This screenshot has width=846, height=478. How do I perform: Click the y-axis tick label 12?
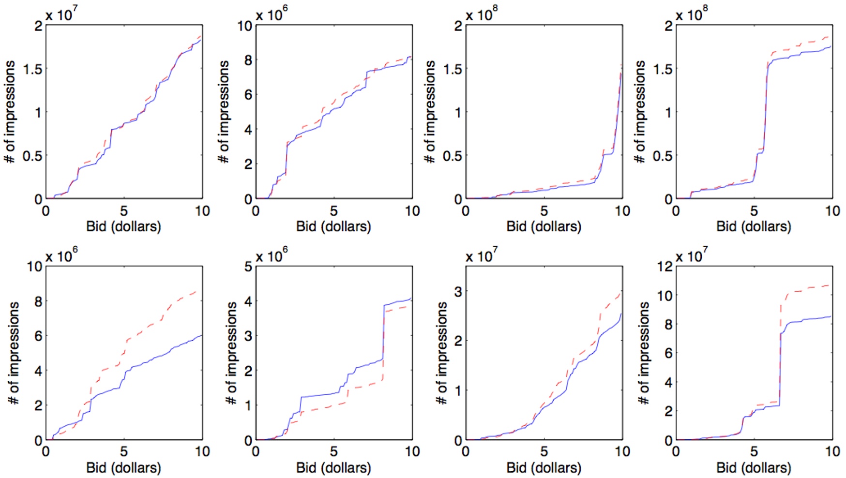665,266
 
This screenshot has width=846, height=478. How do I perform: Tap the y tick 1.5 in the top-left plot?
32,69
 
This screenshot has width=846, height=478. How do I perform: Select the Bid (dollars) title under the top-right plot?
754,226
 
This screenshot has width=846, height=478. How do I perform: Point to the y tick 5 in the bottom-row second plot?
248,266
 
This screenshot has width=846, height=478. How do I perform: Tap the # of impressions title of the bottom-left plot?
14,353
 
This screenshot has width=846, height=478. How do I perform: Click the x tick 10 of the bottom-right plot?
832,452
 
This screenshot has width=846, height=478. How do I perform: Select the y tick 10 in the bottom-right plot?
665,295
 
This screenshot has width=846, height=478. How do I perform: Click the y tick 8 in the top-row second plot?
248,60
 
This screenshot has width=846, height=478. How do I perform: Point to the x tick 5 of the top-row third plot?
544,211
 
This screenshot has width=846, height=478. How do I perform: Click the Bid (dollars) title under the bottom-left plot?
123,467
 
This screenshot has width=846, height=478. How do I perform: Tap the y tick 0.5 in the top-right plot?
663,156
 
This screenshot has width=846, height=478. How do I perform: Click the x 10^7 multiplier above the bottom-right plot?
691,255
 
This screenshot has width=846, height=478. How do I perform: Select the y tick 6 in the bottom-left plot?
38,336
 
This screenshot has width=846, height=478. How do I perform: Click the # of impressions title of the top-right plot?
640,112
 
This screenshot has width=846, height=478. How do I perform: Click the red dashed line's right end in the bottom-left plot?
196,291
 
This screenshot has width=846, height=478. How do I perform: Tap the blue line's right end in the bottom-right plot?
831,316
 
